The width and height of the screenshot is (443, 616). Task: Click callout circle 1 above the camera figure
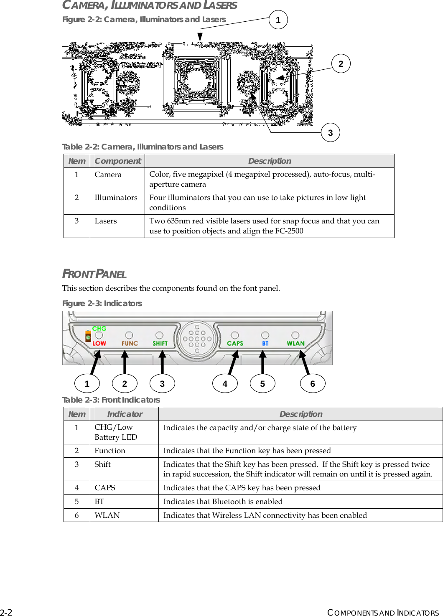(x=278, y=20)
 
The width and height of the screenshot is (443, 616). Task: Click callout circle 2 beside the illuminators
(x=341, y=64)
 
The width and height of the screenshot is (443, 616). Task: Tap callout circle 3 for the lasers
(x=330, y=133)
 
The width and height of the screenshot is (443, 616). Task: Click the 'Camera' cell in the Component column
(x=108, y=175)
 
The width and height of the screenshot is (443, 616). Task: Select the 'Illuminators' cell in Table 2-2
(x=116, y=198)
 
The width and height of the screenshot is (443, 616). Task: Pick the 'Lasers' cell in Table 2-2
(x=106, y=221)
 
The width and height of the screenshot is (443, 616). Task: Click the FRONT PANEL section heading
(x=94, y=274)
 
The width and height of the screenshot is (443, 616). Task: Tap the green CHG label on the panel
(x=99, y=329)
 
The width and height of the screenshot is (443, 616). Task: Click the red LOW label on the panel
(x=99, y=343)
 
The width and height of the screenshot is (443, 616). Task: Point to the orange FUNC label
(x=130, y=343)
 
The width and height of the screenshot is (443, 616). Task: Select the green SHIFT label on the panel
(x=160, y=343)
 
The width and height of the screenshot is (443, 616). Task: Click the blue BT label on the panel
(x=265, y=343)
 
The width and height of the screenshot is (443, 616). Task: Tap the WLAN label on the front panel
(x=295, y=343)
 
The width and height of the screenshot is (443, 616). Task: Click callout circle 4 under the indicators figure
(x=225, y=384)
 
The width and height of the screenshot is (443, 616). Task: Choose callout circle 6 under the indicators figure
(x=313, y=384)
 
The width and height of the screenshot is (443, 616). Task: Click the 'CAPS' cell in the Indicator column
(x=105, y=488)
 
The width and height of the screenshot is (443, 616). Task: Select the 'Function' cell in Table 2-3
(x=110, y=451)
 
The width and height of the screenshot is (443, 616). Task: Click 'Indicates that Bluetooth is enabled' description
(x=223, y=502)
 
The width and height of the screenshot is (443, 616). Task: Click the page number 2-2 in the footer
(x=6, y=612)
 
